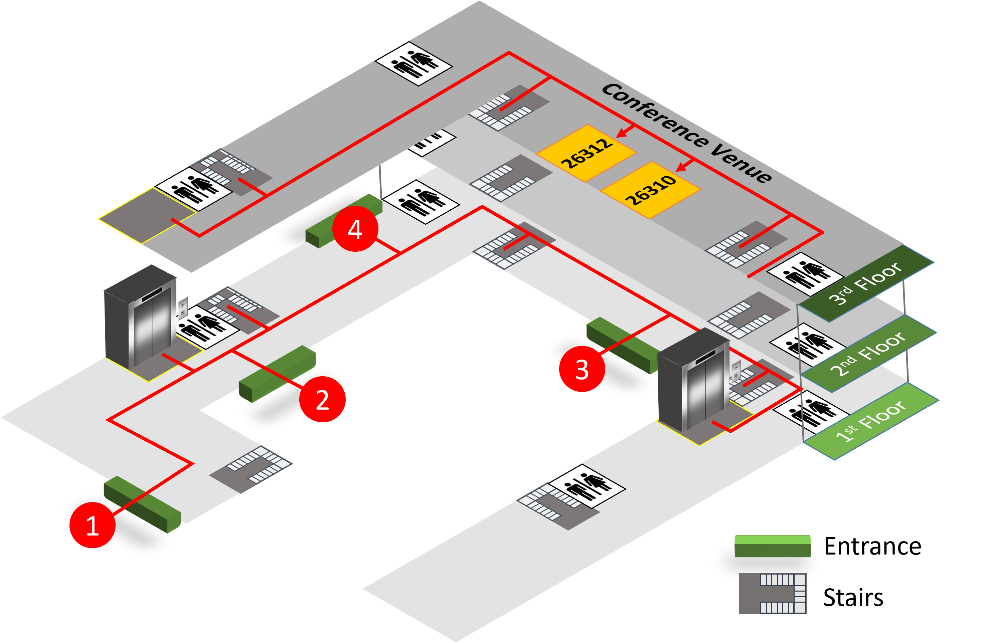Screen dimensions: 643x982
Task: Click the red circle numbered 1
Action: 93,525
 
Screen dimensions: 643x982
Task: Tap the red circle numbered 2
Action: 322,399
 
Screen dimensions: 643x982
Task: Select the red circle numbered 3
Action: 582,369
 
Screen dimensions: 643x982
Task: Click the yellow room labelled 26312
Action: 586,153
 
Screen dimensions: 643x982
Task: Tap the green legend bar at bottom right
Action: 772,546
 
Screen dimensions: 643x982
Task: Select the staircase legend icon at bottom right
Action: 772,593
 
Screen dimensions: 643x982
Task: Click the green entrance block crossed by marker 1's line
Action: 142,504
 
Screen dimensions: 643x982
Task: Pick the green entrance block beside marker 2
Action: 277,373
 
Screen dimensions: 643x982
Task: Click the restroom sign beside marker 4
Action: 421,202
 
